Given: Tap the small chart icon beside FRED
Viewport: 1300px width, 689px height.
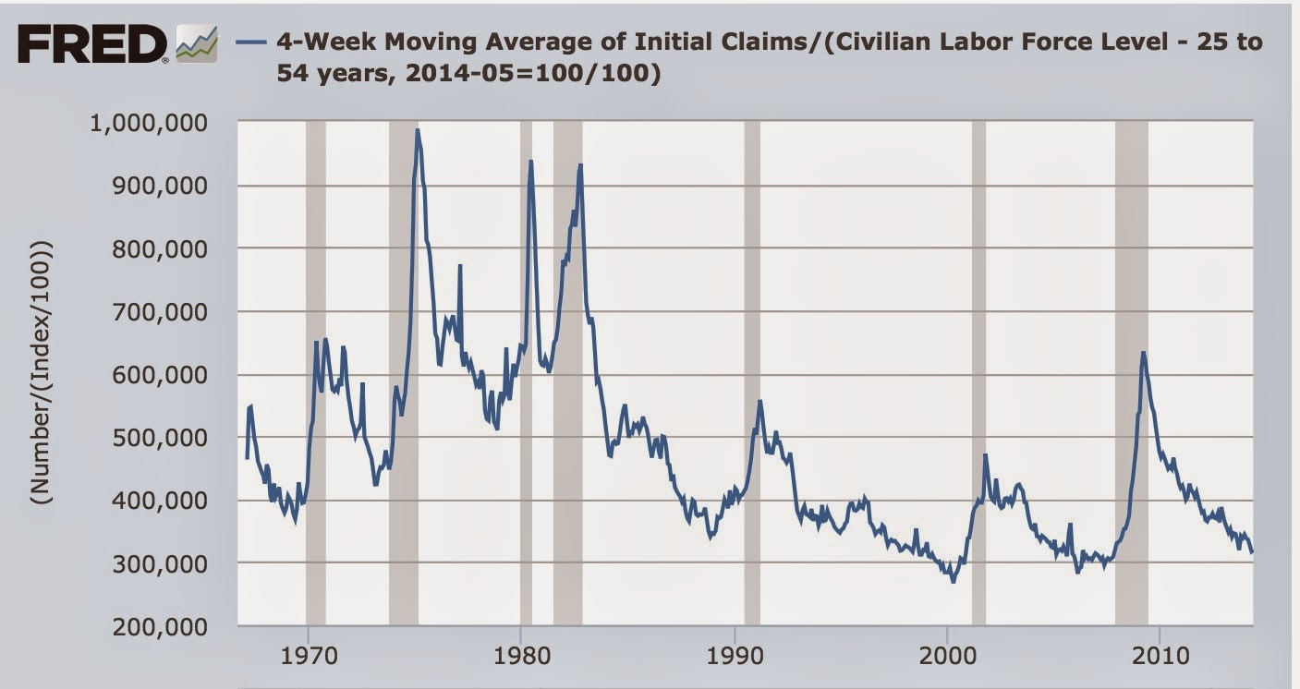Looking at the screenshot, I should (198, 44).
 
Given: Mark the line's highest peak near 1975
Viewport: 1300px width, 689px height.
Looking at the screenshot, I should (418, 130).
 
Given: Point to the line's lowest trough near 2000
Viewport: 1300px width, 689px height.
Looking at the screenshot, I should (953, 581).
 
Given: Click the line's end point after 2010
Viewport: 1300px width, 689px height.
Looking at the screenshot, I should (1252, 552).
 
